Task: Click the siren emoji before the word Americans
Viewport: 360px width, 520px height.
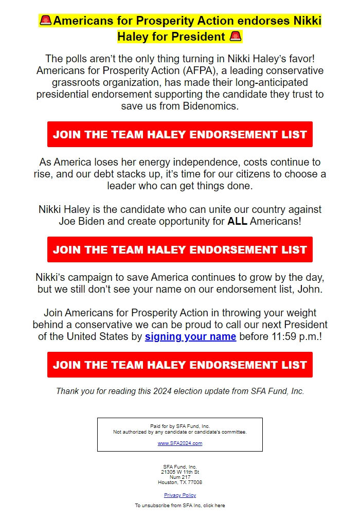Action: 46,21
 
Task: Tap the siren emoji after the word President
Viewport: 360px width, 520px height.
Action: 236,37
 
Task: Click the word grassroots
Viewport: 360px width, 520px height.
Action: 77,82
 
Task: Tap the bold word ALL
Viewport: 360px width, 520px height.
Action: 238,222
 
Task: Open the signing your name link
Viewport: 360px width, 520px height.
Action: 190,336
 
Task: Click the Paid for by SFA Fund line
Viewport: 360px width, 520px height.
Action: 180,426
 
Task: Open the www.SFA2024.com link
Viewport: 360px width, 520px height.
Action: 180,443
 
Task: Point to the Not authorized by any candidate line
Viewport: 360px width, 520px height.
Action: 180,432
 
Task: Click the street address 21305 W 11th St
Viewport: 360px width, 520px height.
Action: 180,472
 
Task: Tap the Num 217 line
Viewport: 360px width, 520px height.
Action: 180,477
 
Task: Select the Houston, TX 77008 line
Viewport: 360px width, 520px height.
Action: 180,482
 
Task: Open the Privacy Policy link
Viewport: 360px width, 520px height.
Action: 180,495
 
